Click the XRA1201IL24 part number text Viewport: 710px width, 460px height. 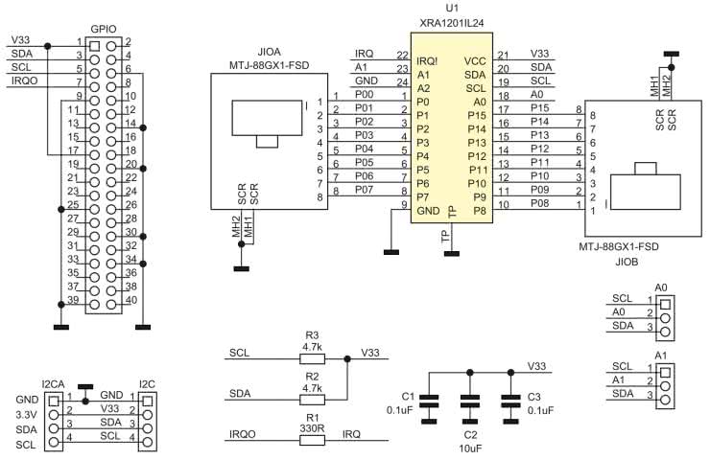pyautogui.click(x=453, y=21)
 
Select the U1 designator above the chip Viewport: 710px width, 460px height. pyautogui.click(x=453, y=8)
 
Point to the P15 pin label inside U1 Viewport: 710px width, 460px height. pyautogui.click(x=477, y=114)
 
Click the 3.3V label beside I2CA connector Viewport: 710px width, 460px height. pyautogui.click(x=25, y=414)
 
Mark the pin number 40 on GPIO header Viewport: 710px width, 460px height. pyautogui.click(x=130, y=301)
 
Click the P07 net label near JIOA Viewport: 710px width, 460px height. pyautogui.click(x=364, y=191)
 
